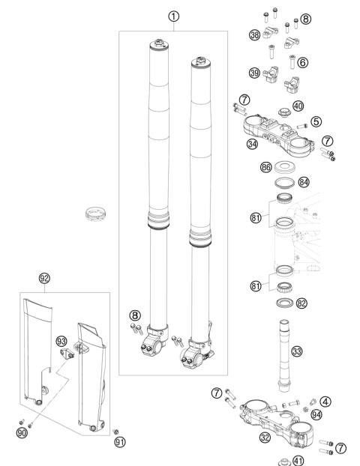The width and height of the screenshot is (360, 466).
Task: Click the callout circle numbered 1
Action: click(x=174, y=16)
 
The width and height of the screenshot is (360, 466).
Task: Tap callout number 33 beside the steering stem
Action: click(x=297, y=351)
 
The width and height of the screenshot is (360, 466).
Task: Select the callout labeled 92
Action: click(x=44, y=279)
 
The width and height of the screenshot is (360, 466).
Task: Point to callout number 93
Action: click(x=61, y=342)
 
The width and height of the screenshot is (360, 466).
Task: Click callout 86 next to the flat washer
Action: click(x=266, y=167)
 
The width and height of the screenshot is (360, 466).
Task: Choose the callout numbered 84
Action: click(x=304, y=182)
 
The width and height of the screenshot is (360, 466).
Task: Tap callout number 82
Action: click(x=301, y=303)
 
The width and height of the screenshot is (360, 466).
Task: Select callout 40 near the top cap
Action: click(x=298, y=106)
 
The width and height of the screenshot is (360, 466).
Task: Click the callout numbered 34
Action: click(x=252, y=144)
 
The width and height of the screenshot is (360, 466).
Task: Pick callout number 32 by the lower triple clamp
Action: click(x=265, y=438)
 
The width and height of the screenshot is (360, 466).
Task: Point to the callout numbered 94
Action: click(x=316, y=414)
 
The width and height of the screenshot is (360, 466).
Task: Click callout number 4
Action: click(x=325, y=402)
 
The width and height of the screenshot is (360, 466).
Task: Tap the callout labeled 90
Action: click(x=22, y=433)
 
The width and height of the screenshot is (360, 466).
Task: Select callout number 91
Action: click(x=120, y=442)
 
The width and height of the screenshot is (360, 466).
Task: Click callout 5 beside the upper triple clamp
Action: click(x=316, y=121)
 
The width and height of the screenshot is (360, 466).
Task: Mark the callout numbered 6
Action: click(x=302, y=62)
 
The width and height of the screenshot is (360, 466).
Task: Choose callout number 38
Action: click(x=255, y=35)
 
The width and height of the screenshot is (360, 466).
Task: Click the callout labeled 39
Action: click(x=255, y=73)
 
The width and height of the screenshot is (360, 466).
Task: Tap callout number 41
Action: click(x=298, y=461)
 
